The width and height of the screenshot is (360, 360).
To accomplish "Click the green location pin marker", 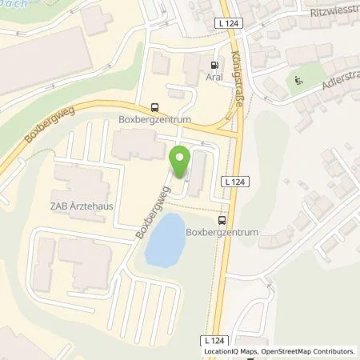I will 180,163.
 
